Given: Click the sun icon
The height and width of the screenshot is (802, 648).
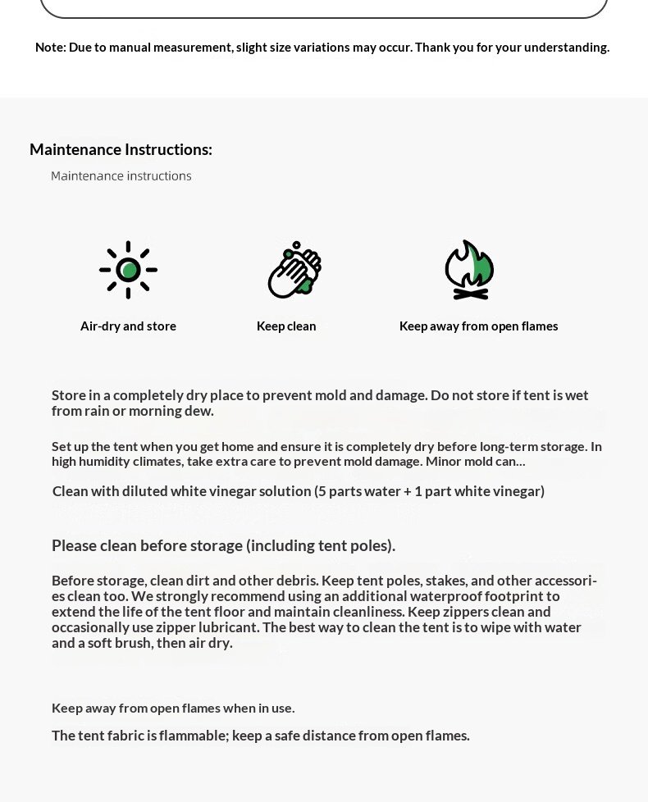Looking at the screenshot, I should tap(128, 269).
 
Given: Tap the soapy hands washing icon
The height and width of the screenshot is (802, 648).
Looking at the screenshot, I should tap(294, 269).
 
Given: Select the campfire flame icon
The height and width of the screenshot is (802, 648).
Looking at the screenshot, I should tap(469, 269).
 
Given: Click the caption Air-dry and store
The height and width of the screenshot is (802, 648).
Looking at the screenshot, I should tap(128, 326).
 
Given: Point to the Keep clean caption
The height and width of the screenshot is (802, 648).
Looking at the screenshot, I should tap(286, 326).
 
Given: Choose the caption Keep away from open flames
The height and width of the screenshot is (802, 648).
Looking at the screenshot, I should tap(478, 326).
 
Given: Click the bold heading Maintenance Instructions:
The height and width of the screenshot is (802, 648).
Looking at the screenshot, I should tap(121, 149).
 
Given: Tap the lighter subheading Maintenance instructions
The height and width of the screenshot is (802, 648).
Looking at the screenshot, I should tap(121, 176).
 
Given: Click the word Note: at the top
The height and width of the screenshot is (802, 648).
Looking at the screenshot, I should tap(51, 48).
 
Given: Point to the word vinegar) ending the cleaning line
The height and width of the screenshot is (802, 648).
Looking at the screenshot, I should tap(519, 491).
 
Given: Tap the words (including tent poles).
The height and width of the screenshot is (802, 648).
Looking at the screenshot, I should tap(321, 545).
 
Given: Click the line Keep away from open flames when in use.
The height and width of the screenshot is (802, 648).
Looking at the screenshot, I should tap(173, 708).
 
